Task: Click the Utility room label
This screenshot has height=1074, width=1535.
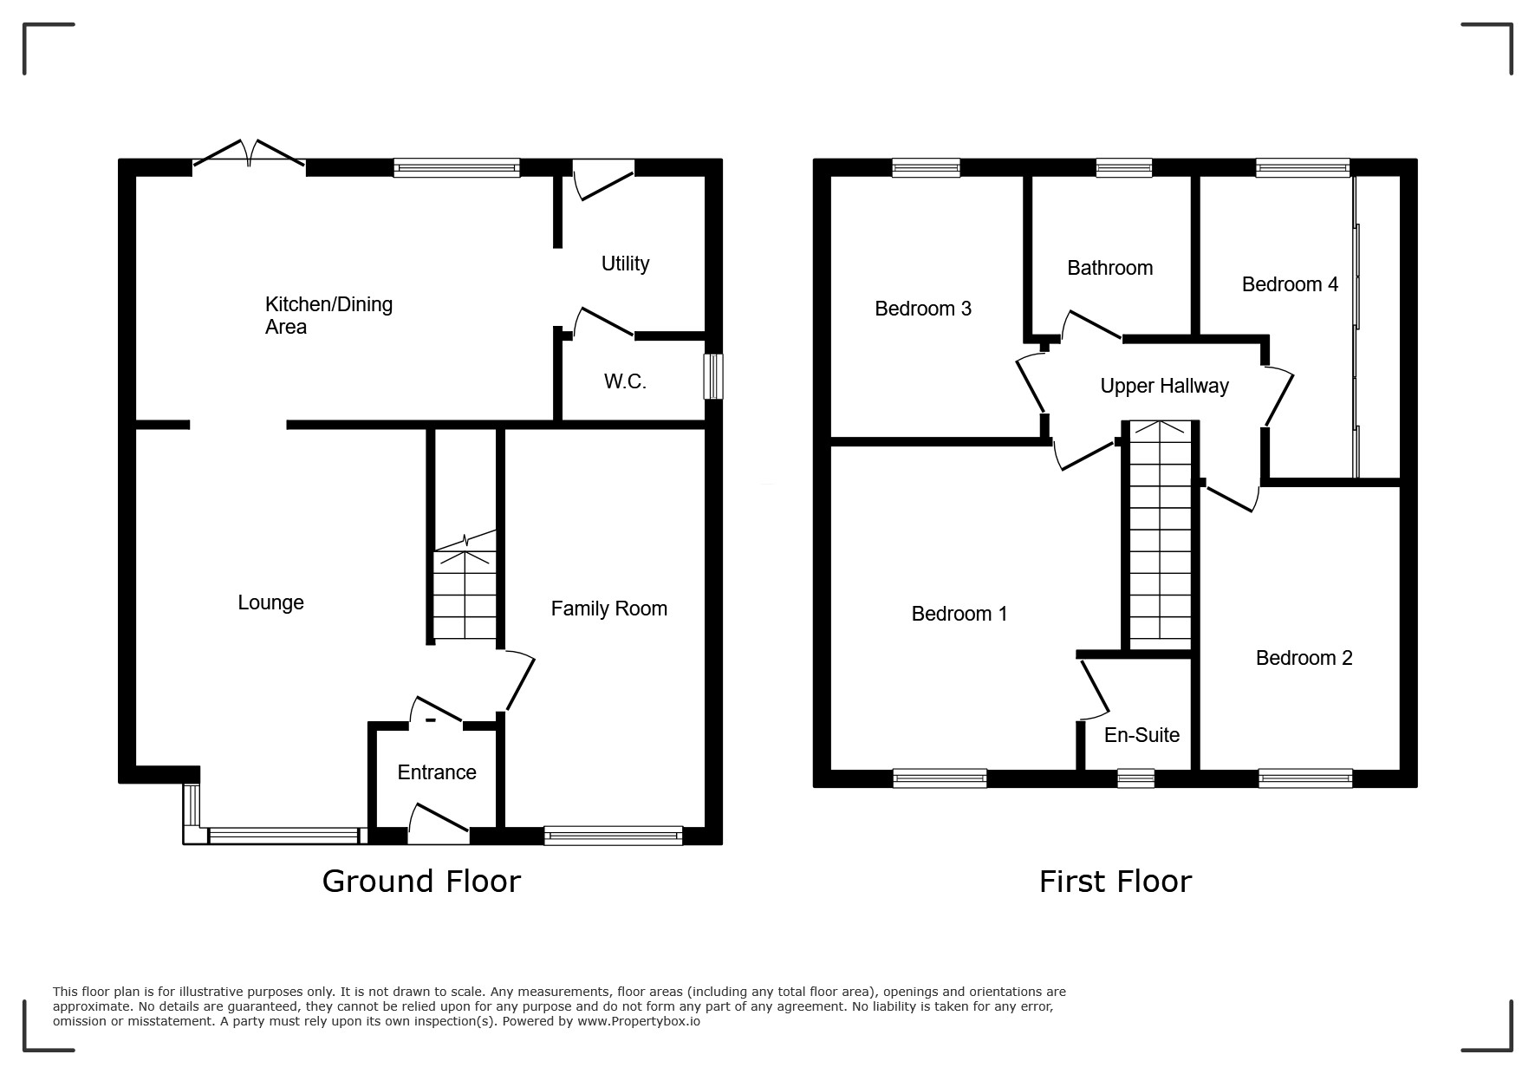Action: [x=625, y=264]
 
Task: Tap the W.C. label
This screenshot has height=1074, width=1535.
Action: [x=625, y=381]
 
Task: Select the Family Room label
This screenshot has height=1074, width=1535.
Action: [x=609, y=609]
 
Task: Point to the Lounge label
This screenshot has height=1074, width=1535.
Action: [x=270, y=602]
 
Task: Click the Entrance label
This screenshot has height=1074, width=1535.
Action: [x=437, y=772]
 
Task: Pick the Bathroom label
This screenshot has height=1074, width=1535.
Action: [x=1109, y=268]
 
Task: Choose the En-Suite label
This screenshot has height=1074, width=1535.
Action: [x=1141, y=735]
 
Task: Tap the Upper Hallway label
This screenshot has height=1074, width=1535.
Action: [x=1164, y=387]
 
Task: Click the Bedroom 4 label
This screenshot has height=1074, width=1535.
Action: [x=1290, y=284]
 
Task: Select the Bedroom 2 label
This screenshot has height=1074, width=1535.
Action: [x=1304, y=658]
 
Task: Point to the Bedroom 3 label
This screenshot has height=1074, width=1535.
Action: [x=922, y=309]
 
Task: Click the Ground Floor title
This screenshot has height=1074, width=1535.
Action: [x=421, y=881]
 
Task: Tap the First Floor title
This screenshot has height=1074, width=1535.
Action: [x=1115, y=882]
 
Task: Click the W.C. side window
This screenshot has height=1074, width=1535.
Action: [x=713, y=376]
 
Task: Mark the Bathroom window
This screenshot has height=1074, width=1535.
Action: [x=1123, y=168]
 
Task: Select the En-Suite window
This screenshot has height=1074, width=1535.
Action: [x=1135, y=778]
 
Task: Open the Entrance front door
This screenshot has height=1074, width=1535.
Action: [x=439, y=824]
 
